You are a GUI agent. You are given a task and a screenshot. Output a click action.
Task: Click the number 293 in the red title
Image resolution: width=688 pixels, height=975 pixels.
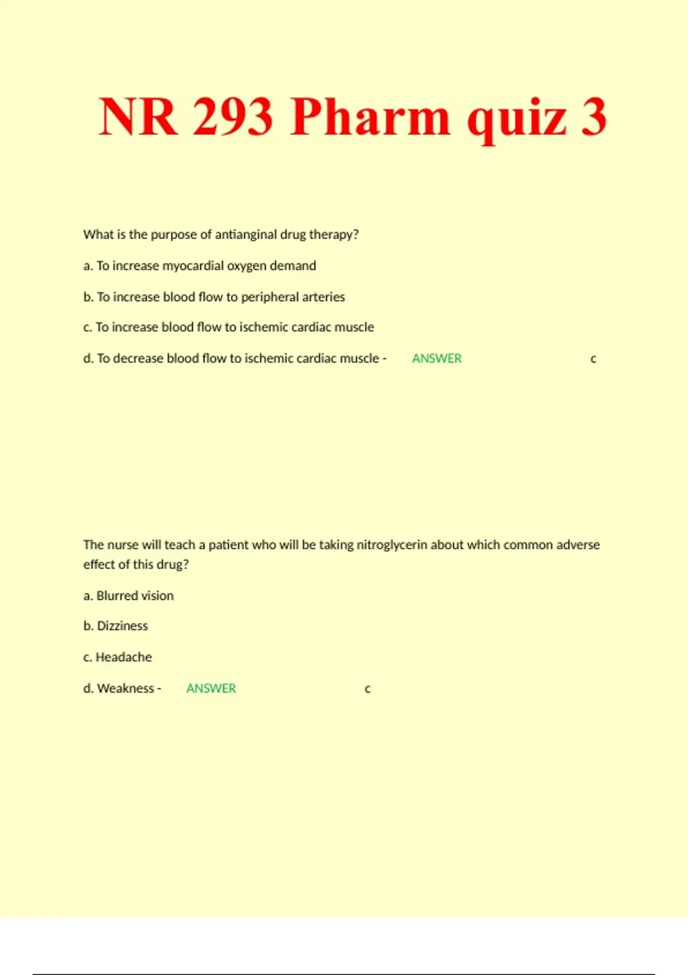point(232,117)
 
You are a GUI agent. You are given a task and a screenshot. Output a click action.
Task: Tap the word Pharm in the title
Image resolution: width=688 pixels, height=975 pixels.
point(370,117)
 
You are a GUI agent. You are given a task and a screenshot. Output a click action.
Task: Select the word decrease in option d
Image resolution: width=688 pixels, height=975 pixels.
point(138,358)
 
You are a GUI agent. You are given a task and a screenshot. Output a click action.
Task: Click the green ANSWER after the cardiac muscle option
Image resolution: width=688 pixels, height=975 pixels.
point(437,358)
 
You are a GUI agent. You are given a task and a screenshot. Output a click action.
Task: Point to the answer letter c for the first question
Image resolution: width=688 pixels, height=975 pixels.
point(593,359)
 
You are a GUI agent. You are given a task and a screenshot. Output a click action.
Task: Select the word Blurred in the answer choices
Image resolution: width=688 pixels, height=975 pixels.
point(118,596)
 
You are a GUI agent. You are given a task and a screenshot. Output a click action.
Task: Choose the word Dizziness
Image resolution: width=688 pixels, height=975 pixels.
point(123,626)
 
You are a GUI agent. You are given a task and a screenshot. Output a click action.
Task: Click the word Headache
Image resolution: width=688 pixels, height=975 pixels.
point(124,657)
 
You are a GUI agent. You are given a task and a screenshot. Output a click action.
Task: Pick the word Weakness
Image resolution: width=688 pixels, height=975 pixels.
point(126,688)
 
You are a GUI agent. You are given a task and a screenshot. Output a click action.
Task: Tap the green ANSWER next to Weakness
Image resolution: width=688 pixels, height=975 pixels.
point(211,688)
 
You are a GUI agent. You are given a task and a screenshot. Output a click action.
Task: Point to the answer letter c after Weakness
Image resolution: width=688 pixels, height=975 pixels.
point(368,689)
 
